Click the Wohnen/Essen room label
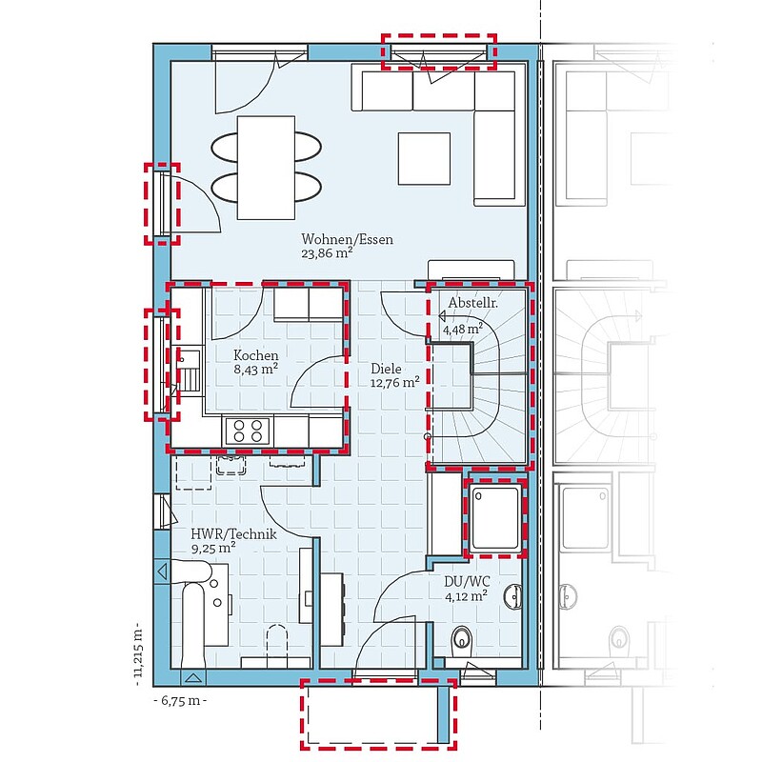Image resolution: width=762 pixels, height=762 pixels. [x=347, y=240]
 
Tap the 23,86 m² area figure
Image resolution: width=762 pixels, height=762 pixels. [x=327, y=253]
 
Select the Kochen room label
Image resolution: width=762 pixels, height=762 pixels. [x=255, y=355]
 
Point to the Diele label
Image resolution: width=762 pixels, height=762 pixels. [x=386, y=369]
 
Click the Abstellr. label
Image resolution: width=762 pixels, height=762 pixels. [x=472, y=302]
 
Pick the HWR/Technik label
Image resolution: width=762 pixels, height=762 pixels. [x=233, y=534]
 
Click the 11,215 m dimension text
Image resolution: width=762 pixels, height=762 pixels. [x=138, y=652]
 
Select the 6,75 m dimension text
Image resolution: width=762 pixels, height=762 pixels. [x=180, y=700]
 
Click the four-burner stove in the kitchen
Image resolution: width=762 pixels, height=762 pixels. [x=248, y=431]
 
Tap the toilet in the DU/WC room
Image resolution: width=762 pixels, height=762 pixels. [x=462, y=639]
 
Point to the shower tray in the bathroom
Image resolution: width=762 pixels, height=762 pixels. [x=495, y=518]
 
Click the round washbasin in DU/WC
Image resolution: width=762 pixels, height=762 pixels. [x=513, y=597]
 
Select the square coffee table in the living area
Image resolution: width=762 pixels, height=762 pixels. [x=424, y=158]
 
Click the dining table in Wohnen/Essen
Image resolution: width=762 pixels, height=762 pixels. [x=266, y=168]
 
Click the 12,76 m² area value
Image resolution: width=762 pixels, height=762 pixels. [x=394, y=382]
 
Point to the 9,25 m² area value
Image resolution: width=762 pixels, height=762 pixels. [x=213, y=549]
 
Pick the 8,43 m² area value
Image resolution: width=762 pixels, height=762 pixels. [x=255, y=369]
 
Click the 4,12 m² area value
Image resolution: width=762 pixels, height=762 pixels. [x=467, y=595]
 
